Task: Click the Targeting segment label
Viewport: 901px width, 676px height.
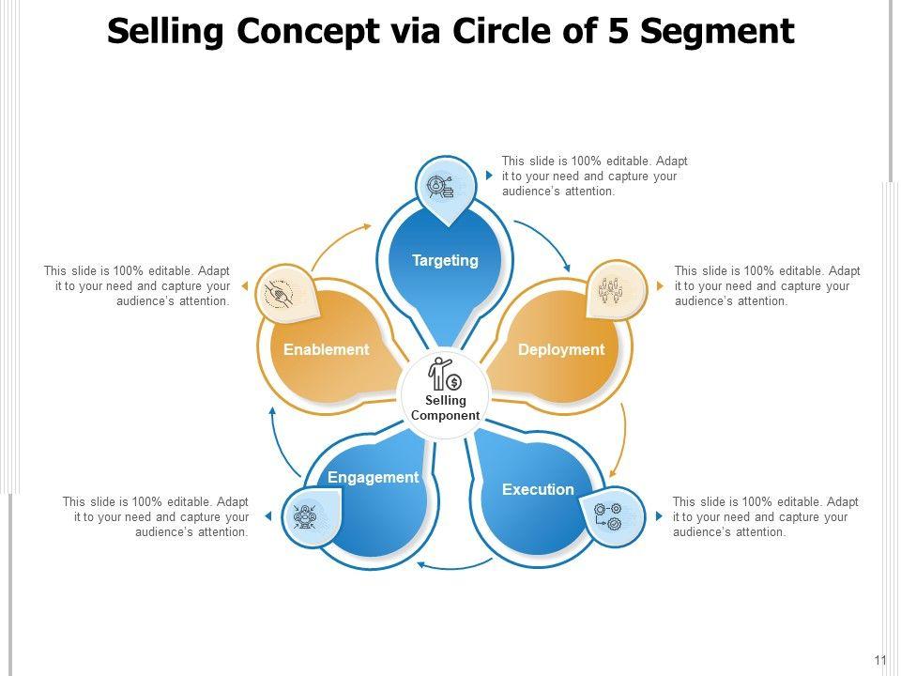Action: [x=445, y=260]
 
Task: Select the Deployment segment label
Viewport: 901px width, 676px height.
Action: [x=561, y=349]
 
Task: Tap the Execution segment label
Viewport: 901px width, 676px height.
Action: [x=538, y=489]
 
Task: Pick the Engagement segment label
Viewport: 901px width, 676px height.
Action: [x=373, y=477]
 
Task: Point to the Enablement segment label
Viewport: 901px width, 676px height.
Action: [x=327, y=349]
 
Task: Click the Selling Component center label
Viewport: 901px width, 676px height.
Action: [x=446, y=408]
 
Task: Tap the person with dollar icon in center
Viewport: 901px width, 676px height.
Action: [x=445, y=374]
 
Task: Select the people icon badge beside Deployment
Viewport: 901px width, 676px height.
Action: [x=616, y=290]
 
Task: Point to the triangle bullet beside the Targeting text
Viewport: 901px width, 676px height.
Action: [x=489, y=176]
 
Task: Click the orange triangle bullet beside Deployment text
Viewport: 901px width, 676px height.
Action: [x=662, y=286]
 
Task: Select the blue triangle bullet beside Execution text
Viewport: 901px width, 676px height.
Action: [x=660, y=516]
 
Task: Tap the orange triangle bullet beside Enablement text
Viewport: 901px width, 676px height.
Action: [x=244, y=285]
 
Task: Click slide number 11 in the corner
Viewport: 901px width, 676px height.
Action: [x=880, y=660]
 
